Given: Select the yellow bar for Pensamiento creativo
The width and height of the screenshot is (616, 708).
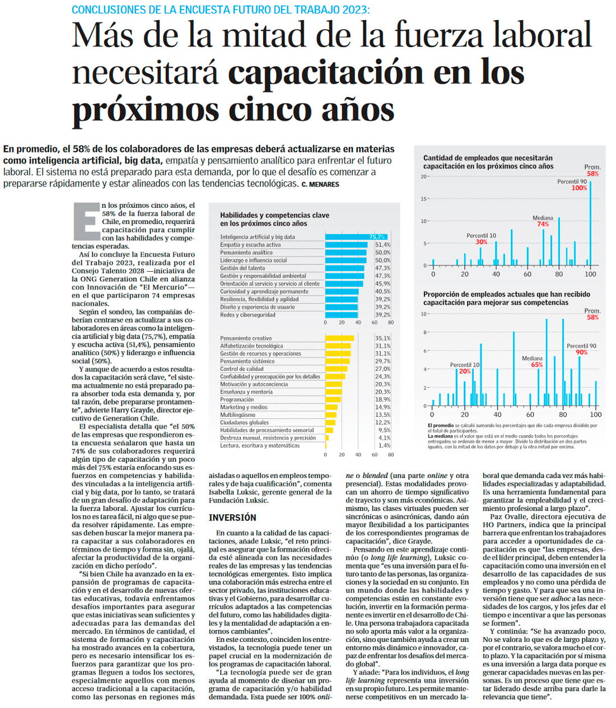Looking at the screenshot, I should pyautogui.click(x=339, y=338).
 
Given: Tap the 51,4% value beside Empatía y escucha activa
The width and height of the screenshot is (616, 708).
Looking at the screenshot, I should pyautogui.click(x=383, y=245).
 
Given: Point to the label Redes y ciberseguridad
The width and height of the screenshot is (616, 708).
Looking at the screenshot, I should pyautogui.click(x=248, y=315).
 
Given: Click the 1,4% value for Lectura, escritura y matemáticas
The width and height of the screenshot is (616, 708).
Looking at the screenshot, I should pyautogui.click(x=384, y=445).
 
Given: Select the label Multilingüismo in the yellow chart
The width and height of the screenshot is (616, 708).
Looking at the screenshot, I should pyautogui.click(x=237, y=415).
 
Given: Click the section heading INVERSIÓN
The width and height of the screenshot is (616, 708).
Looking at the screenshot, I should pyautogui.click(x=232, y=518).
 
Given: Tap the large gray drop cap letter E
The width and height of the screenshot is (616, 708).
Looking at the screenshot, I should pyautogui.click(x=86, y=222).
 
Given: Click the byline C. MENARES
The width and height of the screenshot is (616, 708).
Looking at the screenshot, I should pyautogui.click(x=320, y=184).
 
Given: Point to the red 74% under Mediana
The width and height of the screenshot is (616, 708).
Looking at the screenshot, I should pyautogui.click(x=543, y=224).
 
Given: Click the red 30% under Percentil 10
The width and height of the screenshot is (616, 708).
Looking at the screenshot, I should pyautogui.click(x=482, y=242).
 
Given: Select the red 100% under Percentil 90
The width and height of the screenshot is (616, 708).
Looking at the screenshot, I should pyautogui.click(x=579, y=188).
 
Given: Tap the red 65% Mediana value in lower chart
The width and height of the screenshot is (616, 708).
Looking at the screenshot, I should pyautogui.click(x=536, y=365).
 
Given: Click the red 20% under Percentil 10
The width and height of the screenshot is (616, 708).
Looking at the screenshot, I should pyautogui.click(x=465, y=371).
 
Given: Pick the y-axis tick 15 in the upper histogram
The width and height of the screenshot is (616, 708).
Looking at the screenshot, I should pyautogui.click(x=424, y=199).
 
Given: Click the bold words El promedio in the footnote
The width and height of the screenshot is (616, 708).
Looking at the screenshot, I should pyautogui.click(x=441, y=426).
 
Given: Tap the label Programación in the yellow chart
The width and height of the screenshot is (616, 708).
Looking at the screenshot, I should pyautogui.click(x=237, y=399).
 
